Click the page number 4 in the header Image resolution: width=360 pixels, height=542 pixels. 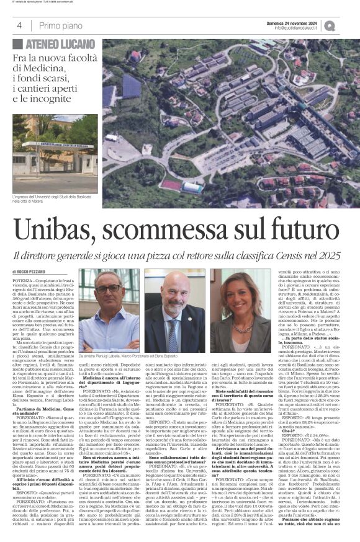(x=19, y=25)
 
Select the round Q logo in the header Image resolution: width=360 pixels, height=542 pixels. (x=346, y=25)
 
